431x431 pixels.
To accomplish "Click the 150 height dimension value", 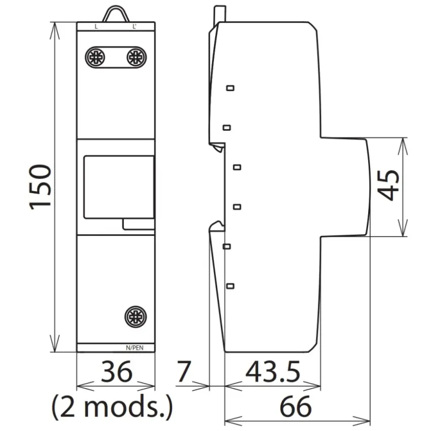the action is [x=41, y=187].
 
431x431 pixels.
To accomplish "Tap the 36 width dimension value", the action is [x=116, y=372].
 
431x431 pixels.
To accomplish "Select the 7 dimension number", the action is [x=184, y=372].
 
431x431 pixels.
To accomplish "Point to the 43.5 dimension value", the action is [x=272, y=372].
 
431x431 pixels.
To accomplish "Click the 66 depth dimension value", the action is [x=296, y=406].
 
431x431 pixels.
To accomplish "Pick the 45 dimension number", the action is [x=388, y=186].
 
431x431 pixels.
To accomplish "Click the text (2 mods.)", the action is [x=112, y=407].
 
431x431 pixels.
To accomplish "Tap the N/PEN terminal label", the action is [x=134, y=348].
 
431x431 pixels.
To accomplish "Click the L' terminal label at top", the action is [x=134, y=27].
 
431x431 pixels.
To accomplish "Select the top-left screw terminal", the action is [x=95, y=57].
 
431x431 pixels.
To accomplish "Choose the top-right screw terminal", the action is [x=136, y=57].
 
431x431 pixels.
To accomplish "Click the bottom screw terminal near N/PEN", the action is [x=135, y=317].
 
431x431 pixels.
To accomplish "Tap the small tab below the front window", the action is [x=139, y=224].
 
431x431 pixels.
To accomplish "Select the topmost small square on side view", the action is [x=230, y=88].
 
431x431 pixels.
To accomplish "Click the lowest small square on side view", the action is [x=230, y=286].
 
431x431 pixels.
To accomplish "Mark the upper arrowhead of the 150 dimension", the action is [x=55, y=31].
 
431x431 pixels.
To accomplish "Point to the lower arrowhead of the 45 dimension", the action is [x=403, y=228].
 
